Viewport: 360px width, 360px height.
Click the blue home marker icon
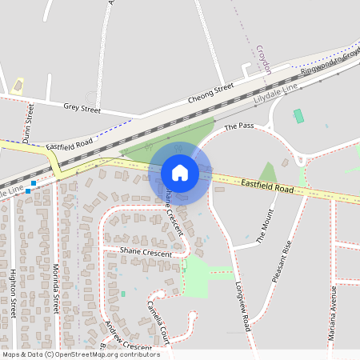[179, 172]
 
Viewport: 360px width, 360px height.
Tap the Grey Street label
[82, 108]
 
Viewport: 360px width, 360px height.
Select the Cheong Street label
[210, 92]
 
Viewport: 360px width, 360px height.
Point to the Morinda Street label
[55, 287]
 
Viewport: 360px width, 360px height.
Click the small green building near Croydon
[299, 116]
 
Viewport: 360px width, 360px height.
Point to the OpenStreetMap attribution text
[81, 354]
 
